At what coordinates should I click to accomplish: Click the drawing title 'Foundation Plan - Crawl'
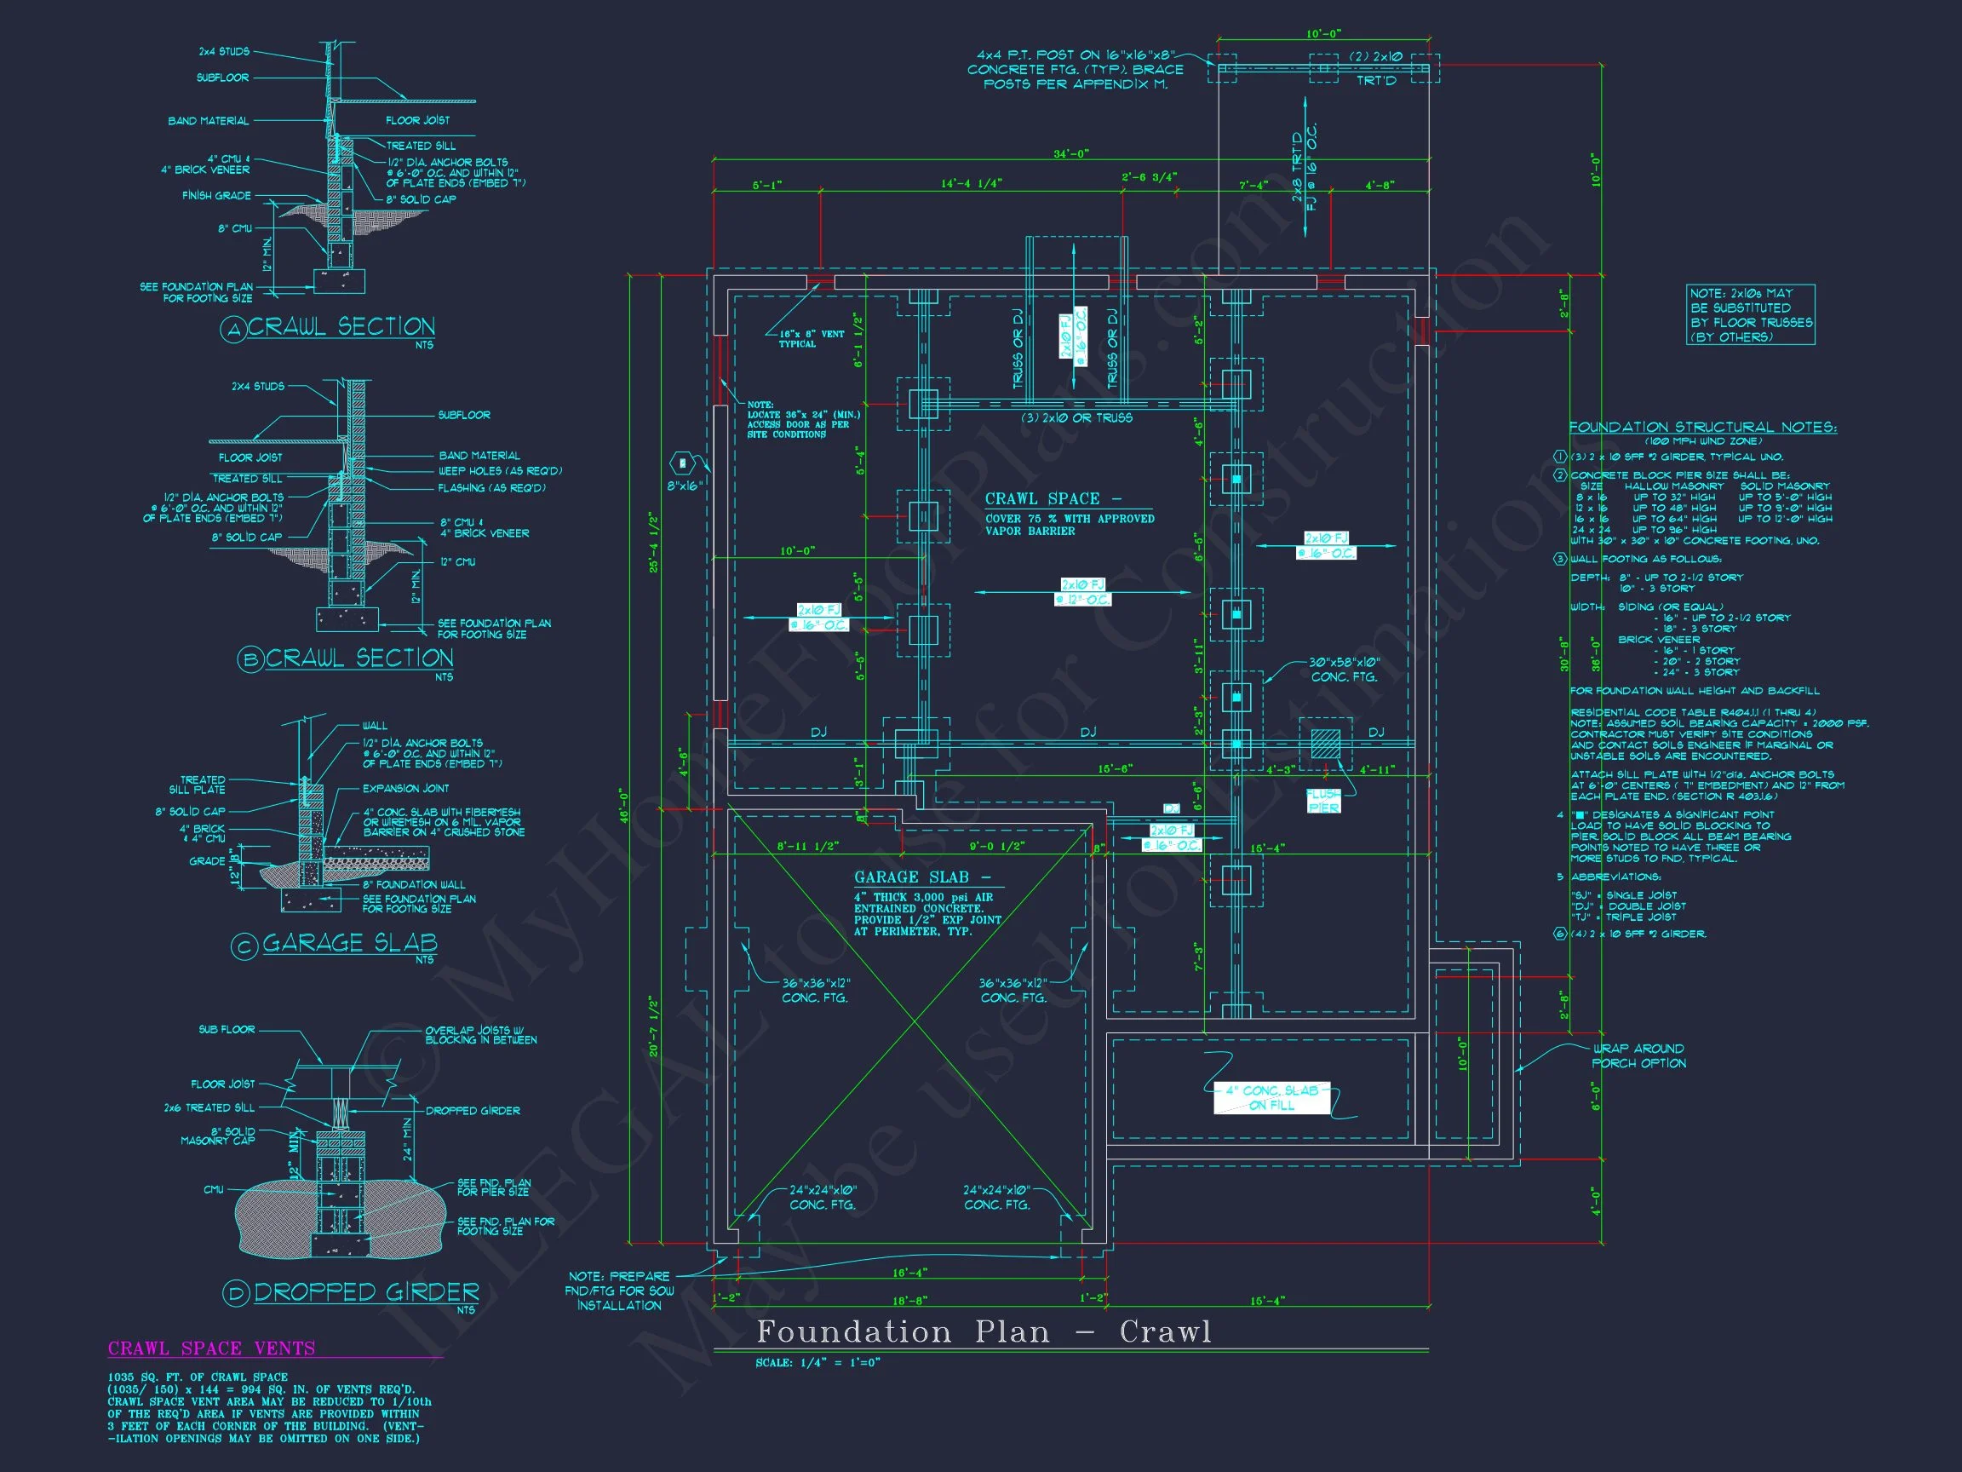[983, 1331]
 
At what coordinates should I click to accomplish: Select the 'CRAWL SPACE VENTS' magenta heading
[211, 1348]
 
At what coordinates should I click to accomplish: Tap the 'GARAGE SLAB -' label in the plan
[921, 877]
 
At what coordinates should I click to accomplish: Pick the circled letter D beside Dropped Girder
[236, 1295]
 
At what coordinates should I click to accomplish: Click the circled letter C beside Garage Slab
[244, 946]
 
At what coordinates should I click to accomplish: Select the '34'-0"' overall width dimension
[1070, 153]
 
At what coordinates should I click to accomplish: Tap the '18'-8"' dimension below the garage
[910, 1301]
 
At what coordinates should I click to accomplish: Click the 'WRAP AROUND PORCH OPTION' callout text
[1638, 1055]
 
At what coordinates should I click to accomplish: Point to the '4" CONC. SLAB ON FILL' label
[1271, 1097]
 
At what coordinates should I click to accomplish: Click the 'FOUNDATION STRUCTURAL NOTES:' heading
[1702, 427]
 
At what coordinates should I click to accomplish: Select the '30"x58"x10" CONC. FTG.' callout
[1344, 670]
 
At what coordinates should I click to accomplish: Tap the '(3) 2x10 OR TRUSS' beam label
[1076, 417]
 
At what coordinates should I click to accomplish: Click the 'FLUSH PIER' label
[1323, 801]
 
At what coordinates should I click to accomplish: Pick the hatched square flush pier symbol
[1326, 743]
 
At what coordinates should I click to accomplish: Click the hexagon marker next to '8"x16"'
[682, 463]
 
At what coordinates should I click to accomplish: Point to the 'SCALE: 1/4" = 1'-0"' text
[817, 1362]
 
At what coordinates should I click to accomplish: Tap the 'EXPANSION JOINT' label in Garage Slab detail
[405, 788]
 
